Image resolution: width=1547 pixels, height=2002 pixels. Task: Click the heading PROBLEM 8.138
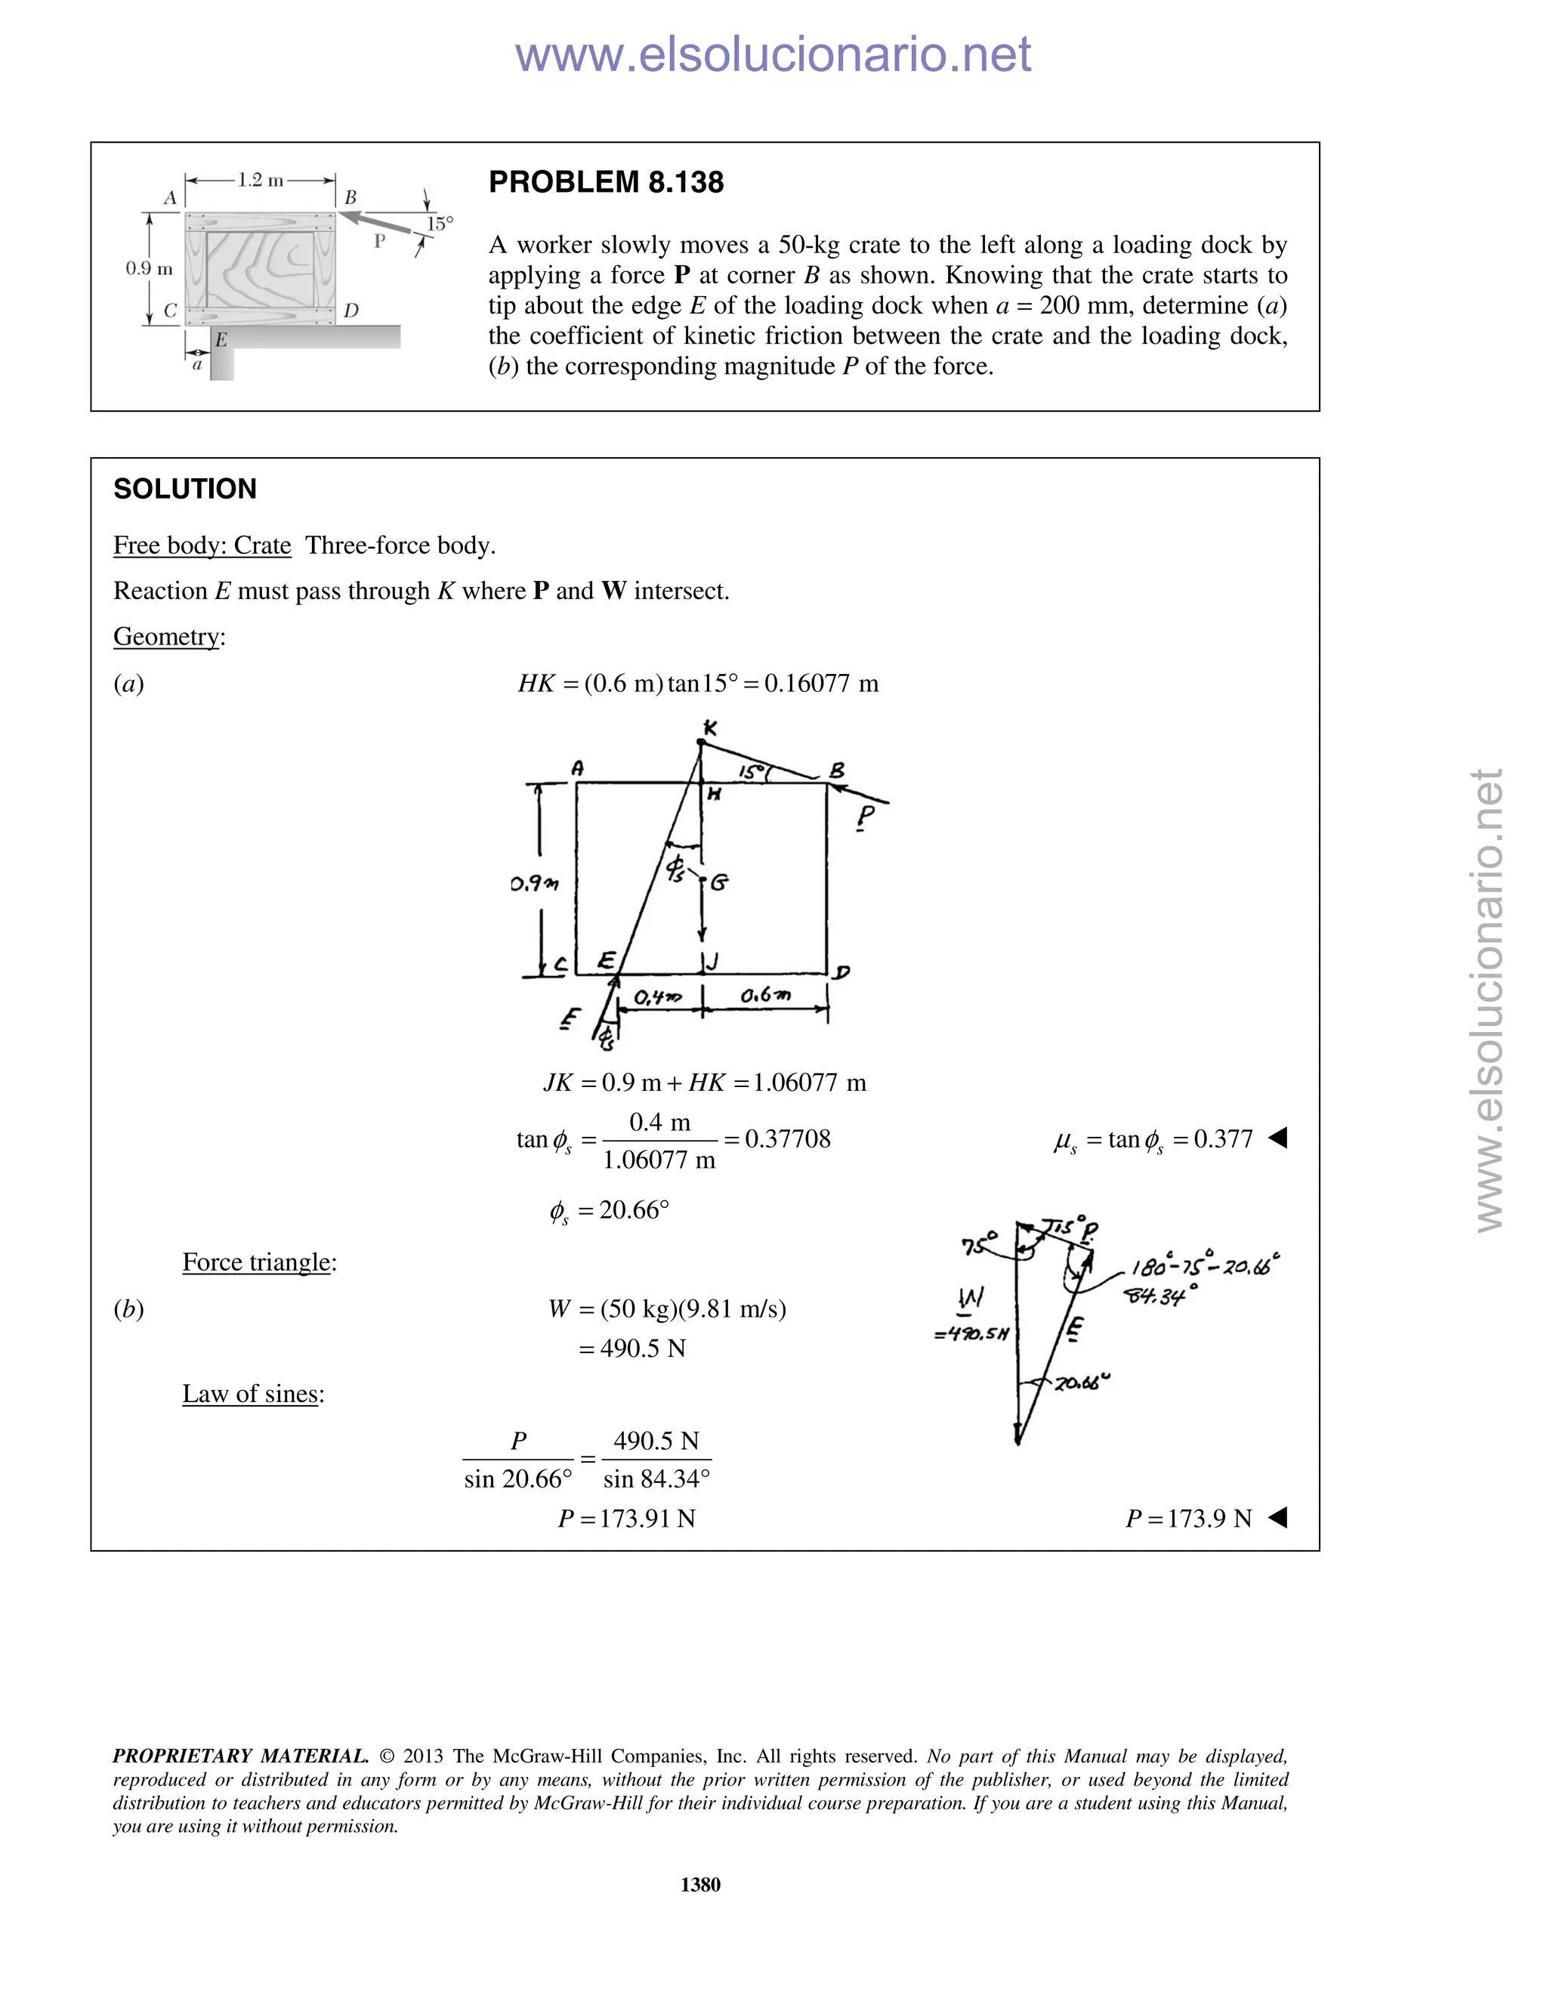pos(606,182)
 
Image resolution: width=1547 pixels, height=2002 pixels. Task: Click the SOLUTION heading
pos(185,489)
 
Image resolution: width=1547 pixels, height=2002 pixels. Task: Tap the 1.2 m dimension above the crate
pos(261,180)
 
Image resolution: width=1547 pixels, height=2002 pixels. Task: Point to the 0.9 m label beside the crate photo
pos(149,269)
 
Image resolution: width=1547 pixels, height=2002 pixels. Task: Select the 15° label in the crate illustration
pos(440,223)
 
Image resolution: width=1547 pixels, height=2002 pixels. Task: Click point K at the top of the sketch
pos(709,728)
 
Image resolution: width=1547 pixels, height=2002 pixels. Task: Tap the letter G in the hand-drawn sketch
pos(719,882)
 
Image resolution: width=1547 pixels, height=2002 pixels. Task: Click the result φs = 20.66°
pos(610,1211)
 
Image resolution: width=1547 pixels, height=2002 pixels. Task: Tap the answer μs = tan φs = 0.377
pos(1153,1139)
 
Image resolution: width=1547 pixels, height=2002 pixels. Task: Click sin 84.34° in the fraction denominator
pos(656,1479)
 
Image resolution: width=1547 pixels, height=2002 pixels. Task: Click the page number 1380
pos(700,1885)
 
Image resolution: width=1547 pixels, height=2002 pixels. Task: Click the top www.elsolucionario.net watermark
pos(773,54)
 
